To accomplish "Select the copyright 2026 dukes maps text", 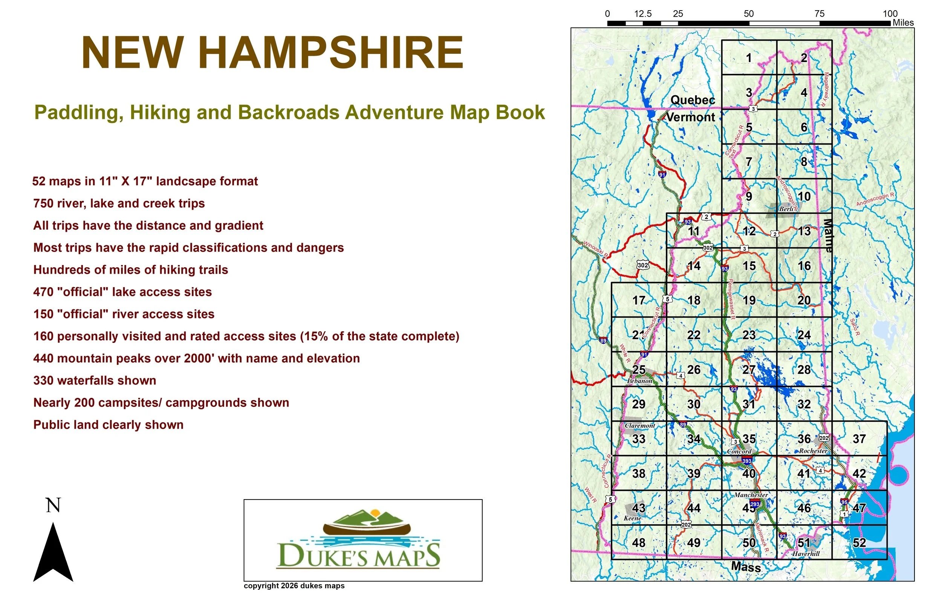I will [294, 586].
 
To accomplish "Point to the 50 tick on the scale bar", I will [748, 14].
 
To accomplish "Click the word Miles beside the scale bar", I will [903, 23].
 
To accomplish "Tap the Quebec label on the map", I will [693, 100].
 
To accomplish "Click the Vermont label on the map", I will [691, 117].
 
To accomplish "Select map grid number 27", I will [749, 370].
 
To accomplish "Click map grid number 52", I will [859, 542].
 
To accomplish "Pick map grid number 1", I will [749, 58].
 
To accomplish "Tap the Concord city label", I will [739, 451].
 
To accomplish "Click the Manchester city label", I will [751, 495].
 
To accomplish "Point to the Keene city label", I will [633, 518].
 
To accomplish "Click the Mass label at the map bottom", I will [746, 567].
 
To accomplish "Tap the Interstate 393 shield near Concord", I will [747, 461].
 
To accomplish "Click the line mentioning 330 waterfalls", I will [95, 381].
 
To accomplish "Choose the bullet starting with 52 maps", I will [145, 181].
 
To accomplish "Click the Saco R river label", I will [855, 327].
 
